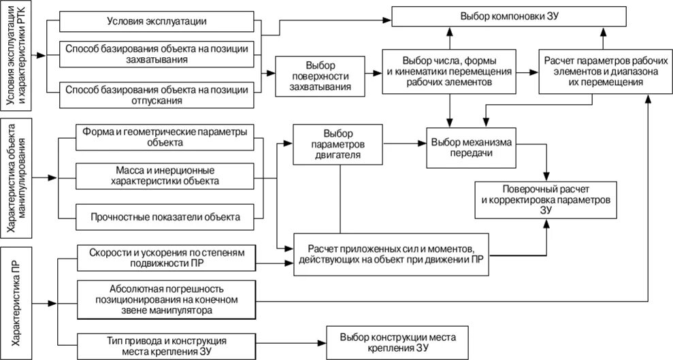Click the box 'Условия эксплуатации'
(x=157, y=22)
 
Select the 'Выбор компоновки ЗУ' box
(x=509, y=16)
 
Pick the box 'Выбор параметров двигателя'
(x=339, y=144)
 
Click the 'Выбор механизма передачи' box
(x=470, y=148)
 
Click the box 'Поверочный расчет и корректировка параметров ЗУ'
(x=545, y=199)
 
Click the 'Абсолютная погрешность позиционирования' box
(x=167, y=299)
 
